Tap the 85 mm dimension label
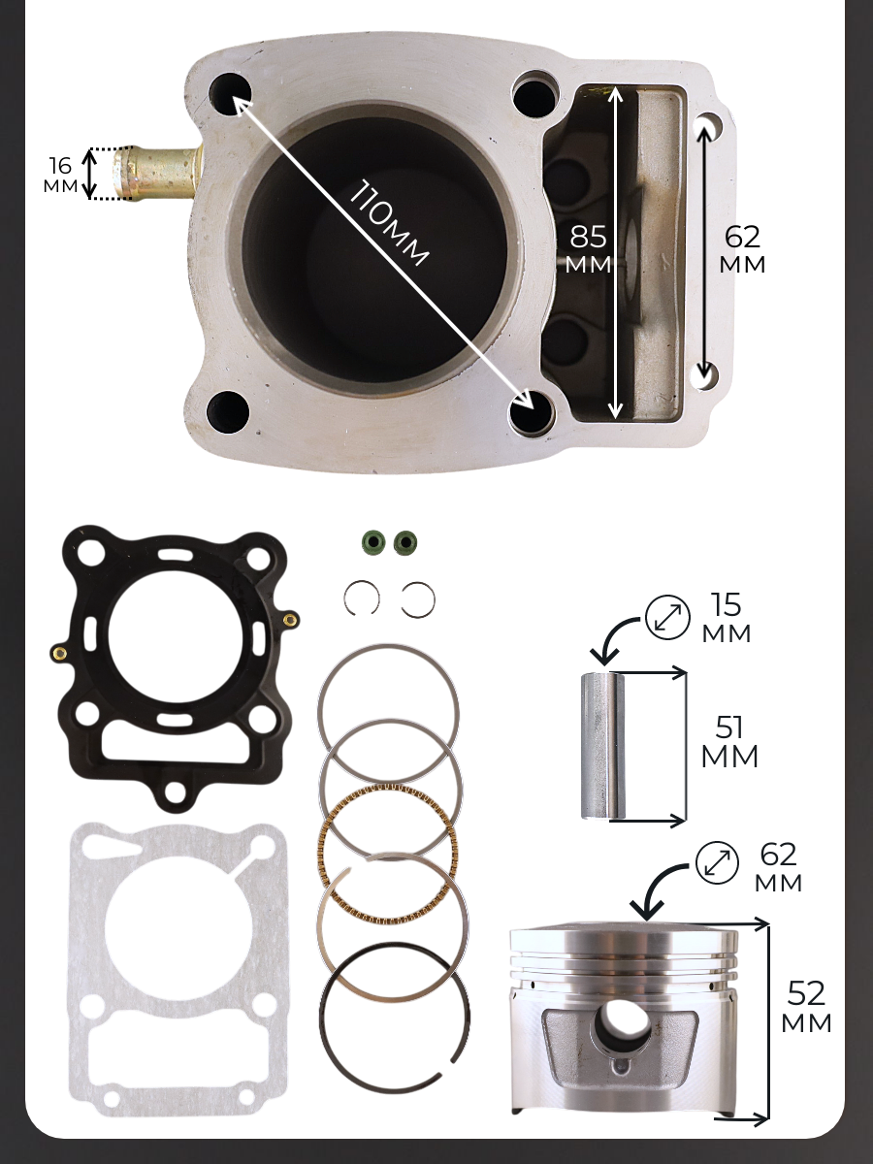tap(589, 249)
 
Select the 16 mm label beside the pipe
tap(60, 175)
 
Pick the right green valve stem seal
tap(405, 542)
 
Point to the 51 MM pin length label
tap(729, 742)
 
